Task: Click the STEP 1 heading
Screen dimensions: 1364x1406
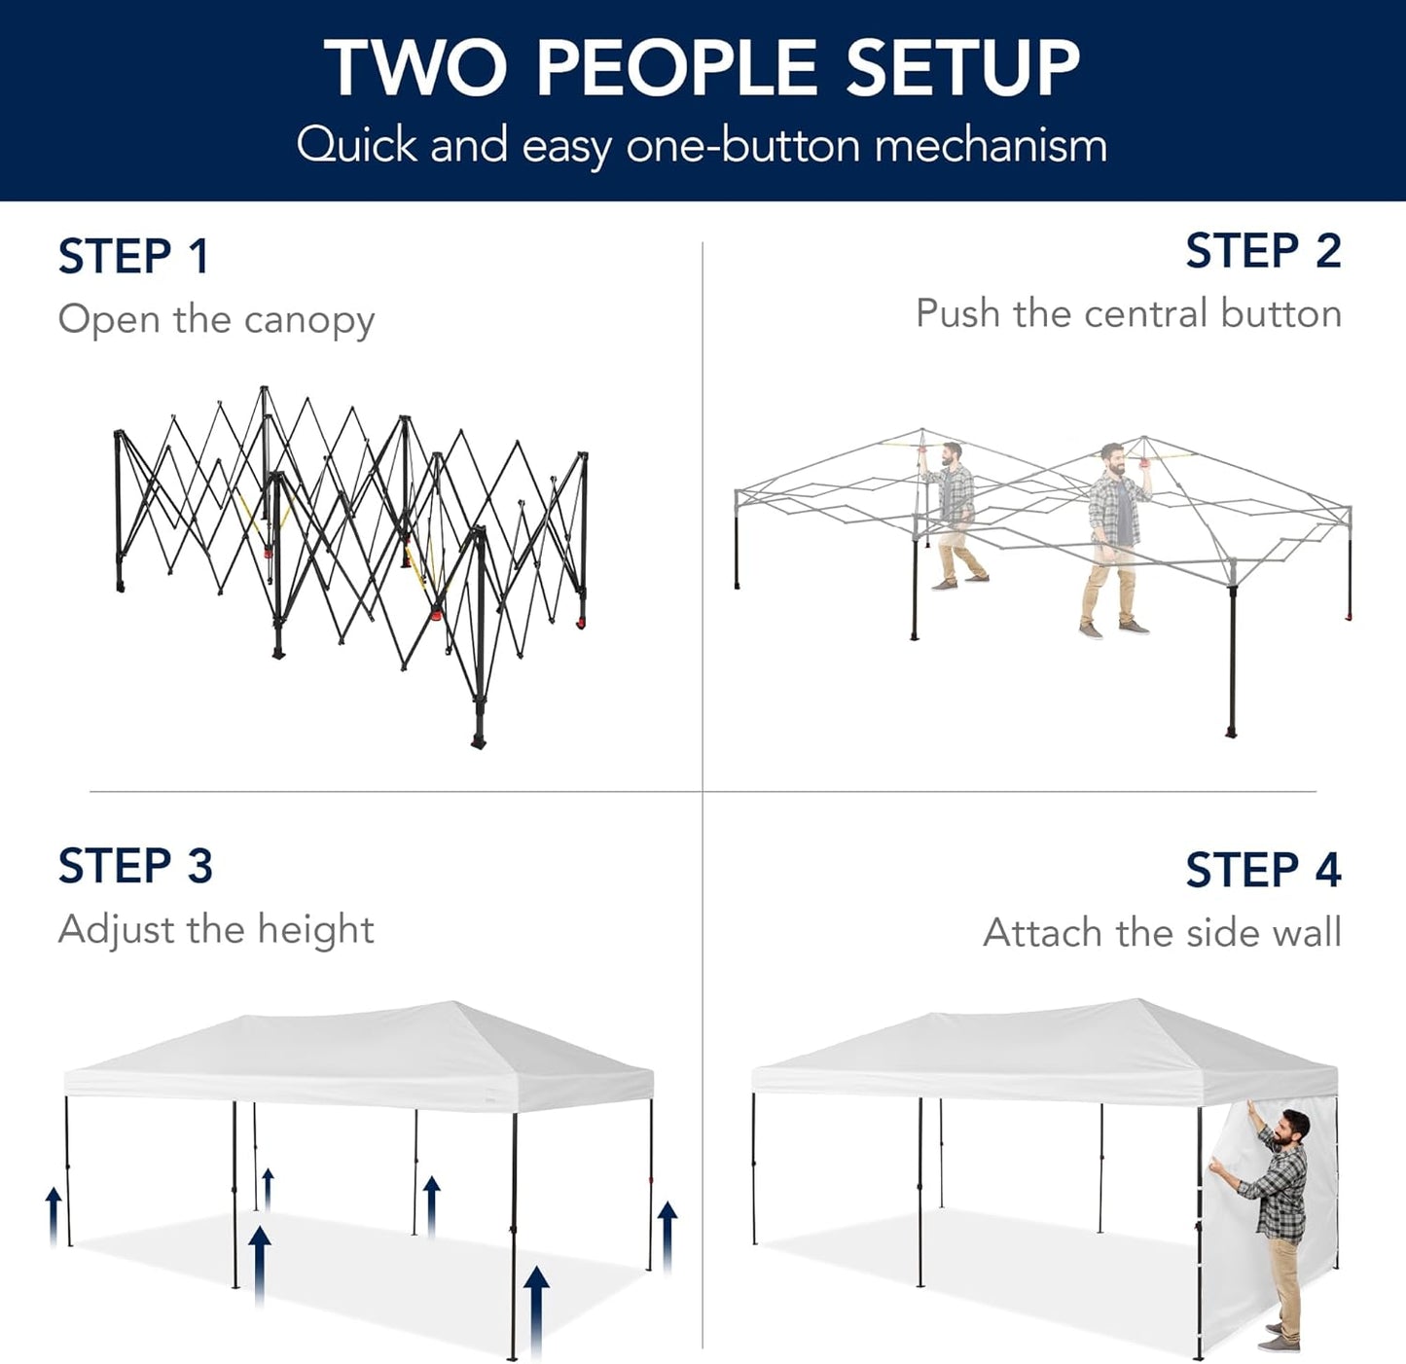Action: coord(133,257)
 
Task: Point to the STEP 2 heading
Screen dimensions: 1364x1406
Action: coord(1262,251)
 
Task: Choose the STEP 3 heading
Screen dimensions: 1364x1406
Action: coord(135,866)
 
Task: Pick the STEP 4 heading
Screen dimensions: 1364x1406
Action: coord(1262,870)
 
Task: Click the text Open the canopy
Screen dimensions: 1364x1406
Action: coord(216,320)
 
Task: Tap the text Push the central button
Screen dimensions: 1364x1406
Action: coord(1128,314)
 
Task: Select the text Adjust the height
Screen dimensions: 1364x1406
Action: coord(216,930)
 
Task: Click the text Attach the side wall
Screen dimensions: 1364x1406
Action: coord(1162,933)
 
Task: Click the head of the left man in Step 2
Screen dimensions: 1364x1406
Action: coord(951,454)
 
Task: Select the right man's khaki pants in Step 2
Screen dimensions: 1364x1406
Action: coord(1109,584)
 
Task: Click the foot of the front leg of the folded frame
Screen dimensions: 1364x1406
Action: coord(478,741)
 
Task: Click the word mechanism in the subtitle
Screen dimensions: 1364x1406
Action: coord(990,146)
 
